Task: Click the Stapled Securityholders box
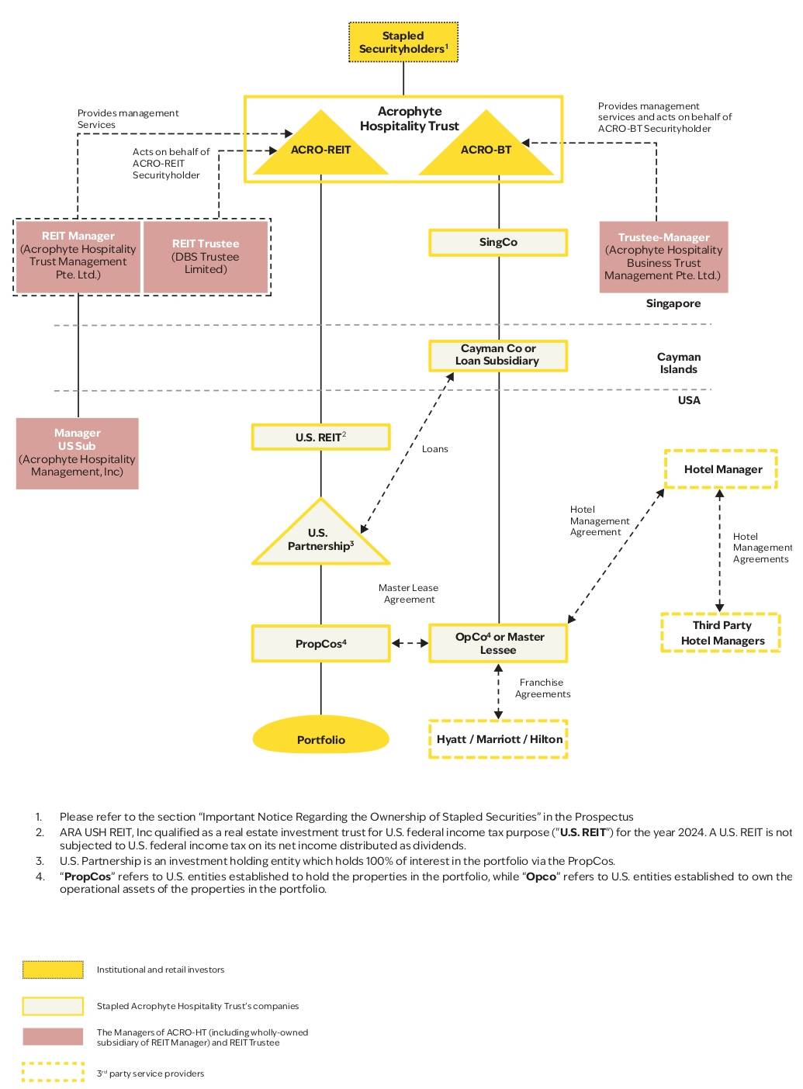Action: tap(403, 43)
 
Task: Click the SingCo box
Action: tap(498, 242)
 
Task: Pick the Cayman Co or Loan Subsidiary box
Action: tap(498, 355)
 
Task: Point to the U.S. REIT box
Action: tap(320, 437)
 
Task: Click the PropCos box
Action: tap(320, 644)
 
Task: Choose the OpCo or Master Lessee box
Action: tap(498, 643)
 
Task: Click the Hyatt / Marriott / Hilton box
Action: tap(498, 739)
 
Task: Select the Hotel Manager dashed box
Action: tap(722, 469)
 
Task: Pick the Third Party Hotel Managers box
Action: tap(722, 633)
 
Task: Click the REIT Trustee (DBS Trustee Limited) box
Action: tap(206, 257)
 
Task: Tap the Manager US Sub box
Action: tap(78, 453)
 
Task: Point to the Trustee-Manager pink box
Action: tap(663, 257)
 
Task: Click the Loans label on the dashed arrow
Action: tap(434, 449)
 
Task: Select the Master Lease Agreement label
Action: tap(409, 593)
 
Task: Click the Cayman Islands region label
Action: tap(678, 363)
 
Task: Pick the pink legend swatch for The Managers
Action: tap(53, 1037)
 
